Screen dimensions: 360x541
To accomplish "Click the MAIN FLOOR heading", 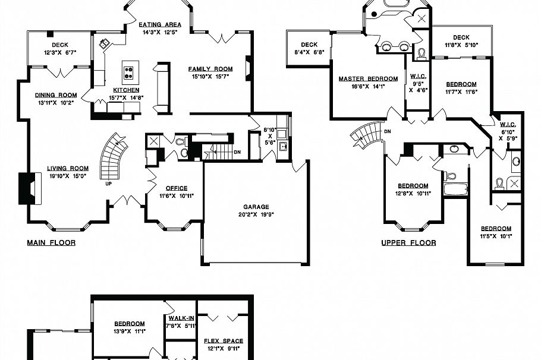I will pos(51,243).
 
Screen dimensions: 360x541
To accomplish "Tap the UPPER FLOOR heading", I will pos(408,243).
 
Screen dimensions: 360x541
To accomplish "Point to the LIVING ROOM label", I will pos(68,169).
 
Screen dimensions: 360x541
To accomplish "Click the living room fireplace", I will pos(27,187).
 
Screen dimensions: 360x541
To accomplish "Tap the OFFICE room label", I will pos(177,188).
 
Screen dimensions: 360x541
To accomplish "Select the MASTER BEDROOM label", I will pos(368,79).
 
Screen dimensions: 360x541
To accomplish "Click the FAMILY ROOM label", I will pos(210,70).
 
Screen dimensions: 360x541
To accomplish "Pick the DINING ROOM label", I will pos(56,95).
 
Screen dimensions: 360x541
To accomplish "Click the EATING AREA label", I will pos(160,25).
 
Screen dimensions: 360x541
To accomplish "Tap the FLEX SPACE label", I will pos(224,341).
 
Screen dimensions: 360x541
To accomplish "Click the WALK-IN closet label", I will pos(181,318).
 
